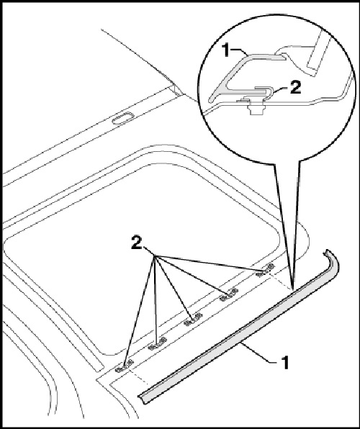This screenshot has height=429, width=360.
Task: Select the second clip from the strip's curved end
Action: tap(228, 295)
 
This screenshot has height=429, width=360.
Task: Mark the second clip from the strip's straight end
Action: tap(158, 344)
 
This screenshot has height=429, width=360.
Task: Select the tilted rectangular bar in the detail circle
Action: tap(314, 58)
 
